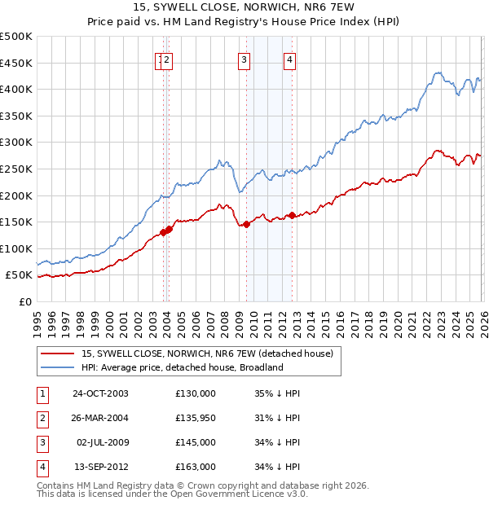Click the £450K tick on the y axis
point(16,63)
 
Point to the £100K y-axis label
point(16,248)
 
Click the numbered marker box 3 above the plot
point(244,59)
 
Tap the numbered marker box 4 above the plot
point(290,59)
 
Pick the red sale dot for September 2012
point(291,216)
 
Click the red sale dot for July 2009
point(245,225)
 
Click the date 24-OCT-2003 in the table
point(100,393)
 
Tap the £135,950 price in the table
point(196,418)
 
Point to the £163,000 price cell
point(196,467)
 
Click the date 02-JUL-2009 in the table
point(100,442)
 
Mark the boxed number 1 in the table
point(42,393)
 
